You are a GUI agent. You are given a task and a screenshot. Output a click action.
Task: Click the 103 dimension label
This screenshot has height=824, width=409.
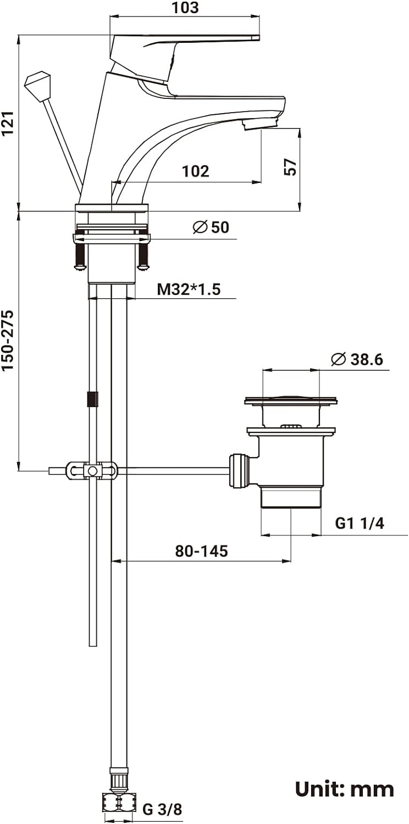point(185,8)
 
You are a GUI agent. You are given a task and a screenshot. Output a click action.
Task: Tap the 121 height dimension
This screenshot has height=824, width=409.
point(8,123)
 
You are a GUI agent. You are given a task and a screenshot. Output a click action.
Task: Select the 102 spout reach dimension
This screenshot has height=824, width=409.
point(196,171)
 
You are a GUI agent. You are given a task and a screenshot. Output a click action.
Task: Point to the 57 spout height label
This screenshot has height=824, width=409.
point(290,167)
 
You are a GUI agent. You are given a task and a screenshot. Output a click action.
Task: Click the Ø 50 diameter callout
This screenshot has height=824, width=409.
point(211,227)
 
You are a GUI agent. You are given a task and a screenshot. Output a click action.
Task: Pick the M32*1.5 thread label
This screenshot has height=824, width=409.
point(189,289)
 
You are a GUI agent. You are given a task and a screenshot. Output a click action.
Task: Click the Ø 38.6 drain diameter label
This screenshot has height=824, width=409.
point(357,359)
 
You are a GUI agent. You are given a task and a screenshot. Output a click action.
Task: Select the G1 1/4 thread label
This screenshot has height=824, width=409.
point(360,523)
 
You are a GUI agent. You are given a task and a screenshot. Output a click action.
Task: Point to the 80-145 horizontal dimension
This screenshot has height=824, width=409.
point(201,551)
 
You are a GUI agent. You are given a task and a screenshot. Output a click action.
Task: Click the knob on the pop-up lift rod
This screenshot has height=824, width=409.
point(38,85)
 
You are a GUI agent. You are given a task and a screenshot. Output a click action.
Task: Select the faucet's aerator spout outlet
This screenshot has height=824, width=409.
point(261,124)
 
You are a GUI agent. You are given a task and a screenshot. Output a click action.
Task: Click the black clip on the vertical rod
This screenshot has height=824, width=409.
point(92,399)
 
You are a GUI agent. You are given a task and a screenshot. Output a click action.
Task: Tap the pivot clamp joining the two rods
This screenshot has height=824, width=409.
point(92,470)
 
